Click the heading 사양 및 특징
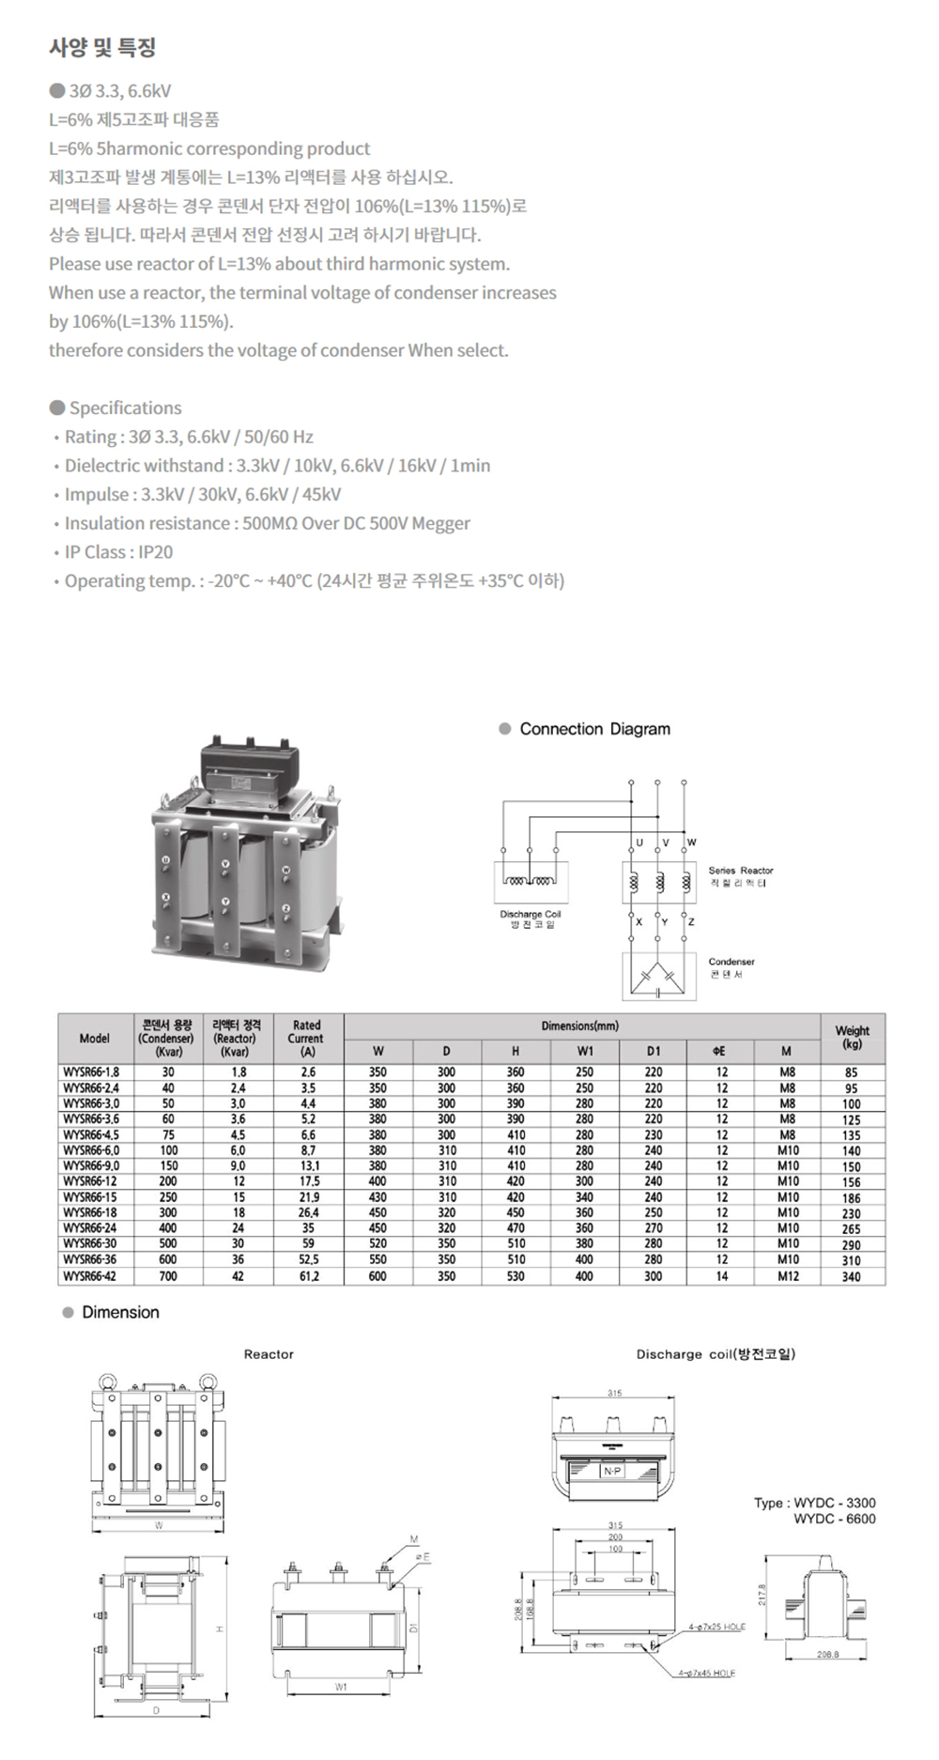(x=102, y=47)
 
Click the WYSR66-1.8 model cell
(x=91, y=1072)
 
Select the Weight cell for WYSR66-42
(x=851, y=1276)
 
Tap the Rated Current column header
(x=306, y=1038)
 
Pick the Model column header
(x=94, y=1038)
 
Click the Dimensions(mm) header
(x=580, y=1026)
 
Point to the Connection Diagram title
(x=594, y=729)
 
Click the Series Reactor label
(x=741, y=871)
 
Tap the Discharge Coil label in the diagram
(x=531, y=914)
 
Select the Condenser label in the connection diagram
(x=731, y=962)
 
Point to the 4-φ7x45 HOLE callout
(x=707, y=1673)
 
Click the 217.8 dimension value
(x=762, y=1595)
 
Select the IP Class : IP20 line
(x=118, y=552)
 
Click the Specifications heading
(x=125, y=408)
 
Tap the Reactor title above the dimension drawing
(x=269, y=1354)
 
